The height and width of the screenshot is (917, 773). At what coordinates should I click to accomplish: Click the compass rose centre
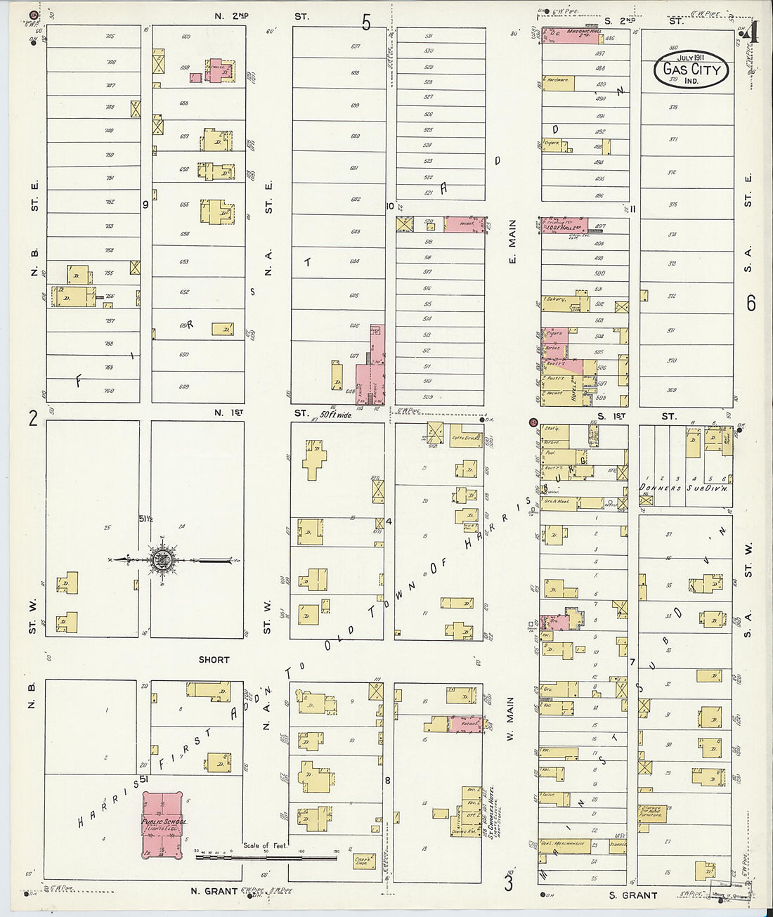(x=162, y=560)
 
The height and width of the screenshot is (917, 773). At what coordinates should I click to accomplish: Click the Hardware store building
(x=558, y=83)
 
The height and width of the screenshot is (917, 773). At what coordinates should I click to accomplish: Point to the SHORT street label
(x=214, y=660)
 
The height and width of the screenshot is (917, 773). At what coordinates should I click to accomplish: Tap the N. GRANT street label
(x=214, y=891)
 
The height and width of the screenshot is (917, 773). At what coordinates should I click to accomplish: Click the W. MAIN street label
(x=510, y=719)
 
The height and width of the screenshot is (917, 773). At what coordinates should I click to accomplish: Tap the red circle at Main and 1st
(x=533, y=423)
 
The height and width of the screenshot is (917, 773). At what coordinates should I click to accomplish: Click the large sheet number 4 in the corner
(x=753, y=32)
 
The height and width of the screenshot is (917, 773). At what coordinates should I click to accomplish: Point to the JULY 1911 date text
(x=691, y=57)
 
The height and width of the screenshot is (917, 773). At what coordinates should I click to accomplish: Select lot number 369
(x=671, y=390)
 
